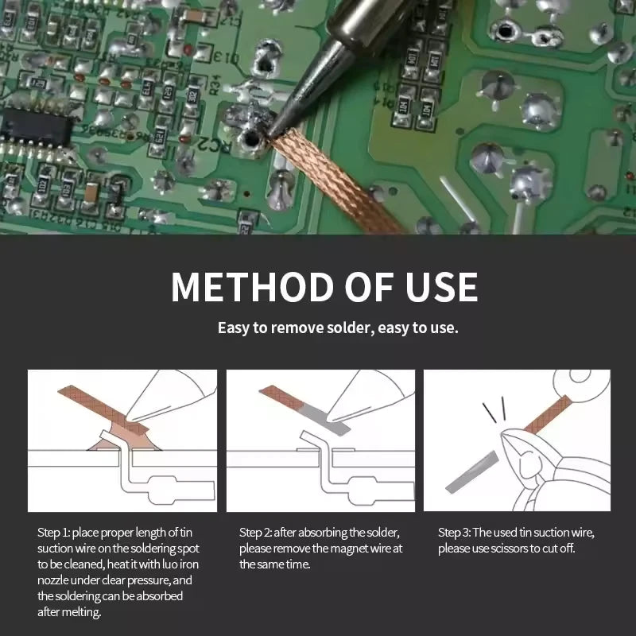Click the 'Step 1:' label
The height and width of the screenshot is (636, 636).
[x=53, y=532]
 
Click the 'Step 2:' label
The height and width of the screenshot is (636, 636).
[x=255, y=532]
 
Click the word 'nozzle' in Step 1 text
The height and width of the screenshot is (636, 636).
[x=56, y=580]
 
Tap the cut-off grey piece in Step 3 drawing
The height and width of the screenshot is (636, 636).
[x=472, y=473]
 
